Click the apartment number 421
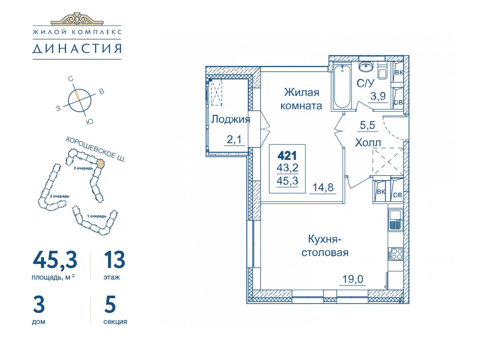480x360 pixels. (287, 156)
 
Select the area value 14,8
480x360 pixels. (323, 187)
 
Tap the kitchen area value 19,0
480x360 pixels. (352, 279)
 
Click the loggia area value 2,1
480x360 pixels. (234, 139)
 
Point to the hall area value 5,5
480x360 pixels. (367, 125)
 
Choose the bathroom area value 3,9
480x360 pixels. (378, 96)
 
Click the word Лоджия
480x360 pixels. (230, 120)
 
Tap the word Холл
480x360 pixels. (368, 142)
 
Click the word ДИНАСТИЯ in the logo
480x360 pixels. (77, 49)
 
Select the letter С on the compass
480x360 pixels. (70, 79)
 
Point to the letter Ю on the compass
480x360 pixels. (90, 122)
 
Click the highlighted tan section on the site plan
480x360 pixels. (100, 164)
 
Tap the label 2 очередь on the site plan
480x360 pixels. (60, 196)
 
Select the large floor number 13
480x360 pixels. (114, 260)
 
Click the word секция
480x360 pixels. (115, 322)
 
